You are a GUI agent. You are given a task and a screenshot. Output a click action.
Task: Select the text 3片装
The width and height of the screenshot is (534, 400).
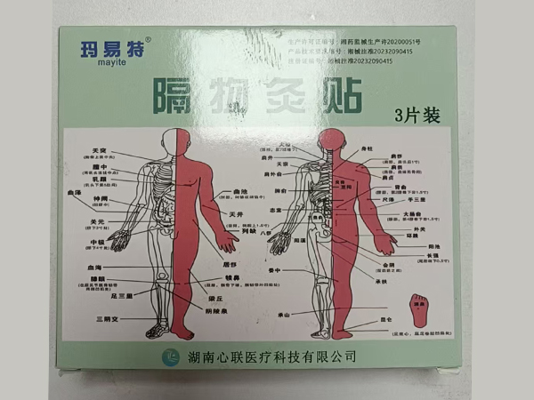click(411, 114)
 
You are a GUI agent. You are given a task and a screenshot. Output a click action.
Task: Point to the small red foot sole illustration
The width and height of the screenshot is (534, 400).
click(416, 313)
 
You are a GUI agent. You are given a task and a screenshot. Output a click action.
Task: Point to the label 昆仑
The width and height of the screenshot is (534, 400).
click(384, 317)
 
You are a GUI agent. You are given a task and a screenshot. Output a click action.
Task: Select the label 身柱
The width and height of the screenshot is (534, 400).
click(367, 148)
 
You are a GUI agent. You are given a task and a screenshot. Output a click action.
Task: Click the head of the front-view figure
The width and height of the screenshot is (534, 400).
click(175, 140)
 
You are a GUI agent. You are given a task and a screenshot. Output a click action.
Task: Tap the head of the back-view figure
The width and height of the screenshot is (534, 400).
click(332, 140)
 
